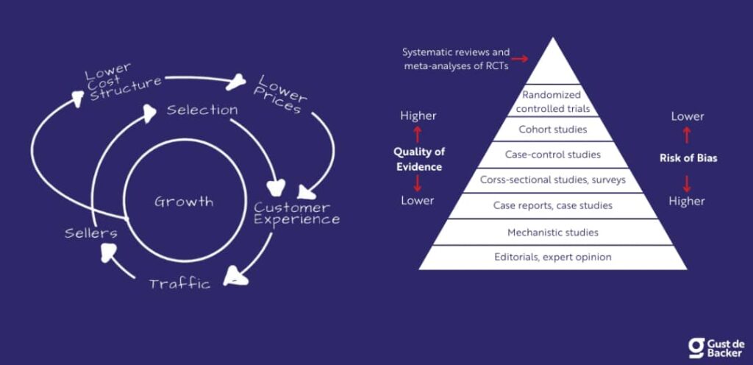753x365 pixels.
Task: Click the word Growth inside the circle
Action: tap(184, 202)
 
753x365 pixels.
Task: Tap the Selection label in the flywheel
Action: tap(201, 110)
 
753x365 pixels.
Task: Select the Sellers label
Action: tap(90, 233)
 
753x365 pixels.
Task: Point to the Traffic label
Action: tap(179, 283)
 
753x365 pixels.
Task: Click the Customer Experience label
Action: tap(297, 213)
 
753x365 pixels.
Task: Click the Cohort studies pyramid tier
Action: tap(552, 130)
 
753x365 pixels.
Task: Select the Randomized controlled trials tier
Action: tap(552, 102)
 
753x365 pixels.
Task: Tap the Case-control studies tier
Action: tap(552, 155)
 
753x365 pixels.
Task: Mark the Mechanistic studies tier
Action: tap(552, 233)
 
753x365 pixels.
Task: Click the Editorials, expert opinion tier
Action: tap(552, 257)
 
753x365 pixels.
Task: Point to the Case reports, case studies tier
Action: tap(552, 205)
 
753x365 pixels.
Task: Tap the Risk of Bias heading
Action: tap(687, 157)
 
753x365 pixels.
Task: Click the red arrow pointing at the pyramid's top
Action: tap(521, 58)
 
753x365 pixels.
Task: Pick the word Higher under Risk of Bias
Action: tap(688, 201)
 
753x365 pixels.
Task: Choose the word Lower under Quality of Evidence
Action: tap(418, 200)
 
